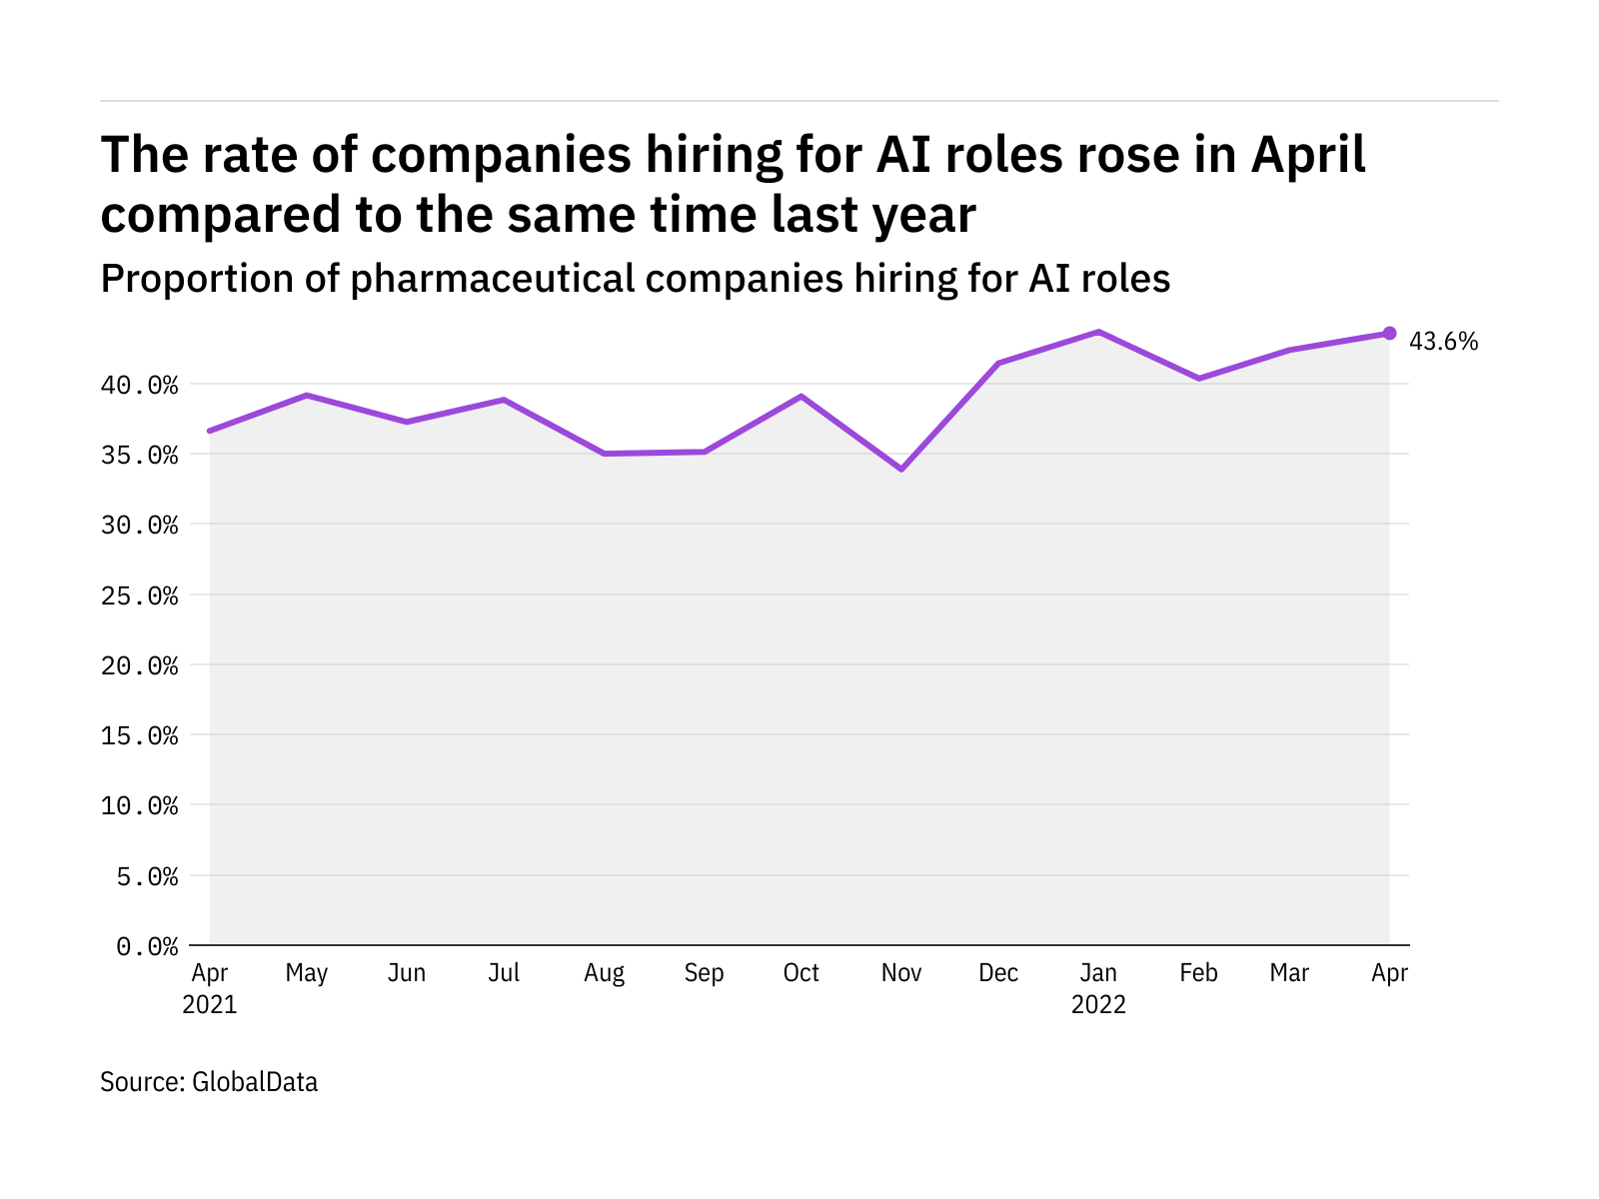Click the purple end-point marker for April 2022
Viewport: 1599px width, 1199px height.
(1389, 333)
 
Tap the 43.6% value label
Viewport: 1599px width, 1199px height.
(1443, 342)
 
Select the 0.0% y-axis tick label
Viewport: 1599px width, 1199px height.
(147, 946)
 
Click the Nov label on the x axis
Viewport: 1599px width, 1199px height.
(901, 973)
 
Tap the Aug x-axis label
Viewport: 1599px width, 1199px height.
(605, 973)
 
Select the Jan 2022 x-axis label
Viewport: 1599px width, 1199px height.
(1098, 988)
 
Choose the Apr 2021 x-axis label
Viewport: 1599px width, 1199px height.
(210, 988)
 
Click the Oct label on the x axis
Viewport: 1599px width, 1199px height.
(801, 973)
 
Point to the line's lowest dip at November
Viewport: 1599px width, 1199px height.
(901, 469)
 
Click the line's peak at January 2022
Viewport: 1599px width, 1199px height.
(1098, 332)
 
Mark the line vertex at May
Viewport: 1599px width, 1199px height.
(308, 396)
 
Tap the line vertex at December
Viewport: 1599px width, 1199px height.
(998, 363)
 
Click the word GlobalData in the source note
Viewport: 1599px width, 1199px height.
(255, 1082)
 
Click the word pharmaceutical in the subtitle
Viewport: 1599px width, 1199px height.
(493, 279)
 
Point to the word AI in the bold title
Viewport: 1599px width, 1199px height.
(905, 155)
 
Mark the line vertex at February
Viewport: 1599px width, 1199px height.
(1198, 379)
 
